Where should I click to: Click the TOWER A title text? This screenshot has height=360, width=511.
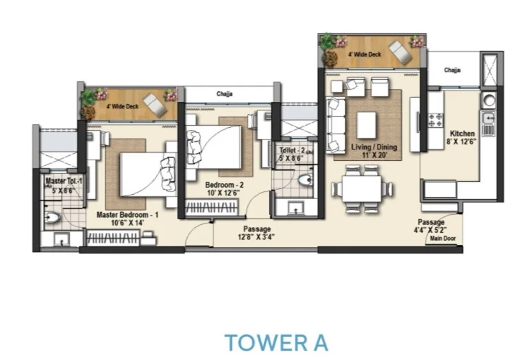coord(277,343)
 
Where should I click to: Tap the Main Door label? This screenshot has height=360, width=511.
coord(443,239)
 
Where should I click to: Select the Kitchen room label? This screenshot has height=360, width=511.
coord(462,133)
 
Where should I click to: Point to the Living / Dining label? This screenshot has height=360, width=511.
coord(374,147)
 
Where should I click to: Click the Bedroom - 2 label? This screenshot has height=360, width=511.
coord(224,185)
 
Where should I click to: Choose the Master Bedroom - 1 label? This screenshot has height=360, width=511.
coord(127,215)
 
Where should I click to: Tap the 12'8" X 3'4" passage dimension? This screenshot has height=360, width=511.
coord(256,237)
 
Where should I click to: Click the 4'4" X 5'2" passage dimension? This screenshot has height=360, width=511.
coord(430,230)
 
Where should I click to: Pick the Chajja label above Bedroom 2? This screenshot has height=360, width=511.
coord(225,94)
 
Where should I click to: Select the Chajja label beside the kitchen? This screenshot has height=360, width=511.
coord(452,70)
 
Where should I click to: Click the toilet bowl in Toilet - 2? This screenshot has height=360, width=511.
coord(306,180)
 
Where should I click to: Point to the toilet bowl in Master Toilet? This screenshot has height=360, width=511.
coord(52,217)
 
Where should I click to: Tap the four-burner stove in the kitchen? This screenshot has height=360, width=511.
coord(436,120)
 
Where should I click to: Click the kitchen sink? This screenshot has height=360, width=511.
coord(488,123)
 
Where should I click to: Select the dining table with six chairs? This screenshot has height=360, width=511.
coord(362,189)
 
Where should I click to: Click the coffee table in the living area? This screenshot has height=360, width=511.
coord(366,126)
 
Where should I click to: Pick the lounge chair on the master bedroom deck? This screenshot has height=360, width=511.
coord(155,104)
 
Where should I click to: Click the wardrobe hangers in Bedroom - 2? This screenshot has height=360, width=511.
coord(211,207)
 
